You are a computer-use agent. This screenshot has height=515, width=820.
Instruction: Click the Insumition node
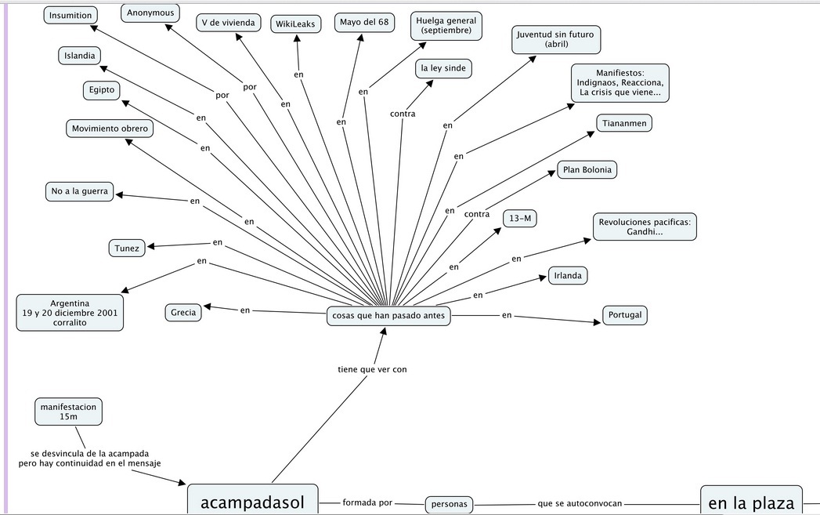coord(70,15)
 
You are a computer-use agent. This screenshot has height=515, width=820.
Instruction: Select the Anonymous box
coord(151,13)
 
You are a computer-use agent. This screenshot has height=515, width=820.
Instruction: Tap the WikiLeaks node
coord(296,24)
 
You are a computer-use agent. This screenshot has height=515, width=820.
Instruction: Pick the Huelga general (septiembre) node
coord(446,25)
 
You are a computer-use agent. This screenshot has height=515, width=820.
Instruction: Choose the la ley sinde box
coord(443,68)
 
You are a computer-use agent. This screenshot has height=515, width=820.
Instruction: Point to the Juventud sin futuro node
coord(555,40)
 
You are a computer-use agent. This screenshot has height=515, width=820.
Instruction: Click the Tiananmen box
coord(624,123)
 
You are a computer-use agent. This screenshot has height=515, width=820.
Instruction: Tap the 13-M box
coord(520,219)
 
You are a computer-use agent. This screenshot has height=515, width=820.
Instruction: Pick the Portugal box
coord(625,315)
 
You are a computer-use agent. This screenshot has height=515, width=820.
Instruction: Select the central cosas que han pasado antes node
coord(388,316)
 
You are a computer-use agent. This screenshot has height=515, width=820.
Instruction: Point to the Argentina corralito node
coord(70,312)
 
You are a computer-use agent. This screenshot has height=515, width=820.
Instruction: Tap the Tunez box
coord(127,248)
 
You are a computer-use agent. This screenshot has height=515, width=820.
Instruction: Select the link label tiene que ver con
coord(372,369)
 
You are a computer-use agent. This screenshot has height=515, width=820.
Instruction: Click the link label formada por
coord(367,502)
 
